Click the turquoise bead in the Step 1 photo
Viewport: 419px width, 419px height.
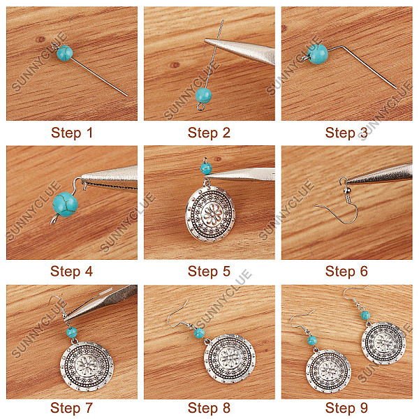click(x=65, y=53)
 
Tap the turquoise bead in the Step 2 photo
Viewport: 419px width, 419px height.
click(x=204, y=95)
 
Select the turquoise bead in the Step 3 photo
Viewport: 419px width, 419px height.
click(x=318, y=54)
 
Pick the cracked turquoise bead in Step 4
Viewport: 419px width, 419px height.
click(x=65, y=204)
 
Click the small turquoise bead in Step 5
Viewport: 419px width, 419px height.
click(x=206, y=168)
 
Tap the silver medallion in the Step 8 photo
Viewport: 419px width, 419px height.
click(x=230, y=359)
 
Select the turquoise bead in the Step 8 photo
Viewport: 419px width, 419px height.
click(x=199, y=333)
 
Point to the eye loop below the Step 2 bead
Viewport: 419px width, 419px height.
click(x=200, y=107)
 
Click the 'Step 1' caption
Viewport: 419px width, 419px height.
click(x=72, y=133)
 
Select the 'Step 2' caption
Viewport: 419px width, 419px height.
click(x=209, y=133)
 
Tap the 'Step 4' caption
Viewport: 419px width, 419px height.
click(x=72, y=271)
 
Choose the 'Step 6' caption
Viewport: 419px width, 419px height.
click(x=346, y=271)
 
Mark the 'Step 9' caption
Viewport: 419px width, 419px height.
click(x=346, y=408)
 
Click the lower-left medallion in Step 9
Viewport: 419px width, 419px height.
click(x=329, y=372)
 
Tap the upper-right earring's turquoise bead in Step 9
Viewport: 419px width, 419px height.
click(x=365, y=316)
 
